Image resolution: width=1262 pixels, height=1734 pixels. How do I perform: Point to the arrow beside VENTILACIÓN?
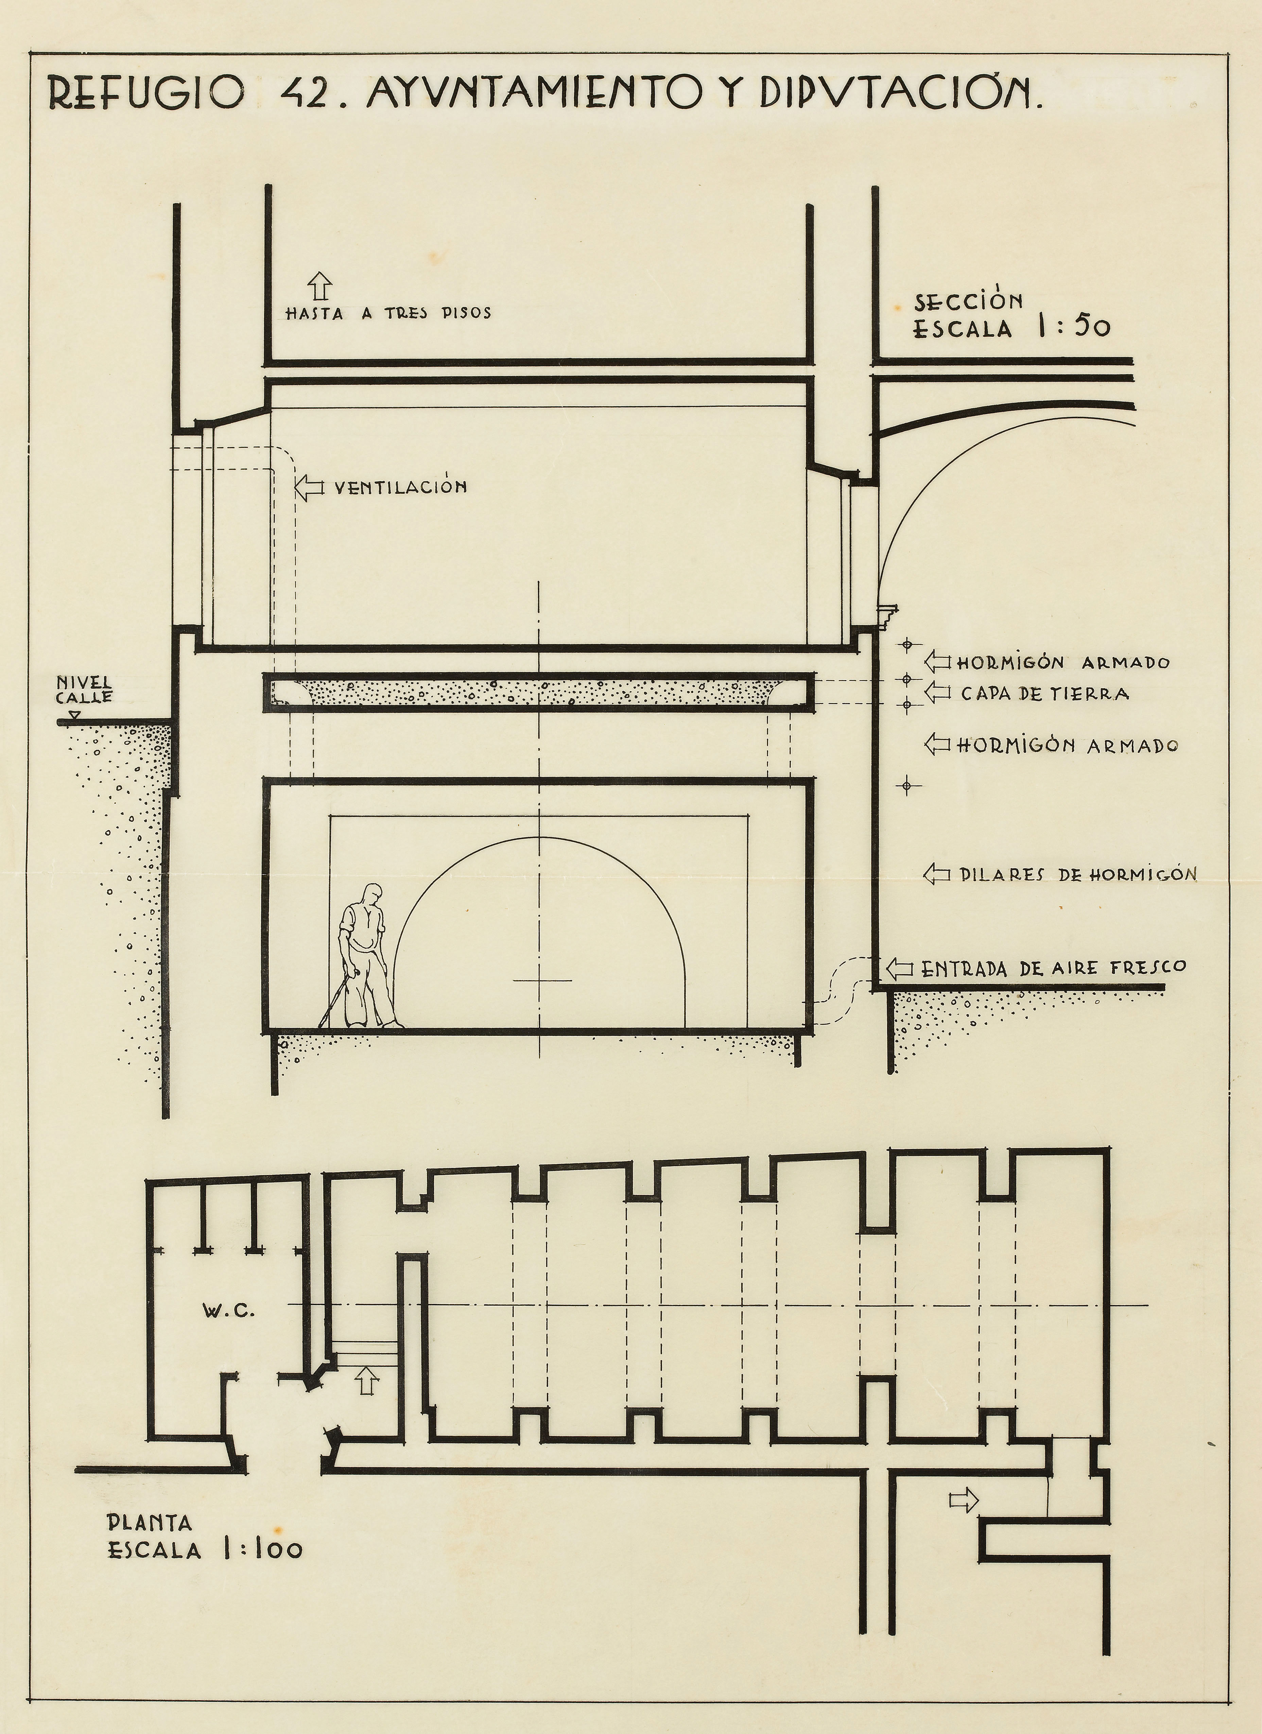point(309,487)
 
